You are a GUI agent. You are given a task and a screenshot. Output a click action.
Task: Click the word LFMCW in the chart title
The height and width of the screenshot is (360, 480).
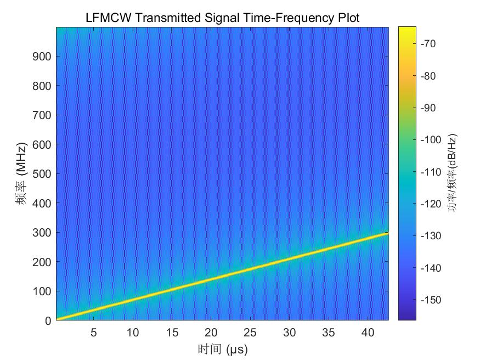(x=109, y=18)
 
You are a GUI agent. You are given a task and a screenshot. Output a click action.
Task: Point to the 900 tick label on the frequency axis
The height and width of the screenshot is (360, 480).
(x=42, y=57)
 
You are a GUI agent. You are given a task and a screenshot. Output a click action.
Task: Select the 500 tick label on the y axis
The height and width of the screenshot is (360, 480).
(x=42, y=174)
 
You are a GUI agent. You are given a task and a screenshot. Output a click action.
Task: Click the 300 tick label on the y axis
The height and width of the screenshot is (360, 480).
(x=42, y=233)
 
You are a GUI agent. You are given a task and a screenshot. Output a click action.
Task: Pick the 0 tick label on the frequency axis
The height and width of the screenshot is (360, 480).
(x=48, y=321)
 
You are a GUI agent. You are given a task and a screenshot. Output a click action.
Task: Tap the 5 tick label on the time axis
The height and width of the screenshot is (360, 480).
(x=94, y=333)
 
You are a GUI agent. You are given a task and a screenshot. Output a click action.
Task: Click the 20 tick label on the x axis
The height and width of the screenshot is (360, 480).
(x=211, y=333)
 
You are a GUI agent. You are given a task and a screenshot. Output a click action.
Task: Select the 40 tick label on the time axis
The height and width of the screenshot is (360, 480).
(x=368, y=333)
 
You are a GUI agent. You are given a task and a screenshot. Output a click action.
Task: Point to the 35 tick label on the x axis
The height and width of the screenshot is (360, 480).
(x=329, y=333)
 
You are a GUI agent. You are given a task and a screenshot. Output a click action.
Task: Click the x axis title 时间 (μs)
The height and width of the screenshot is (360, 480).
(x=223, y=349)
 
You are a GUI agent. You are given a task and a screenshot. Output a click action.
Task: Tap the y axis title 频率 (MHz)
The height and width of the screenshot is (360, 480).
(x=21, y=173)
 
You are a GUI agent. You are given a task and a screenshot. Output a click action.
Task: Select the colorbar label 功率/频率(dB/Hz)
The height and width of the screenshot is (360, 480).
(x=453, y=173)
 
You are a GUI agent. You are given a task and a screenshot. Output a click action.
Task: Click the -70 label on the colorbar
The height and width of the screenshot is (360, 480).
(x=428, y=44)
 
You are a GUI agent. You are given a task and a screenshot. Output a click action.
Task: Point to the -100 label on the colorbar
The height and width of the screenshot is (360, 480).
(x=431, y=140)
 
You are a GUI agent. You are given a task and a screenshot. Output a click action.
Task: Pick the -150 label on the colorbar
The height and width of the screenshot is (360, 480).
(x=431, y=300)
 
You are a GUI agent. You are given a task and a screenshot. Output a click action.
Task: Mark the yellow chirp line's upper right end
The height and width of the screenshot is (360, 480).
(x=388, y=233)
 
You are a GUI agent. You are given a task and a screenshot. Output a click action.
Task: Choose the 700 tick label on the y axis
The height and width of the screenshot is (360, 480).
(x=42, y=115)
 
